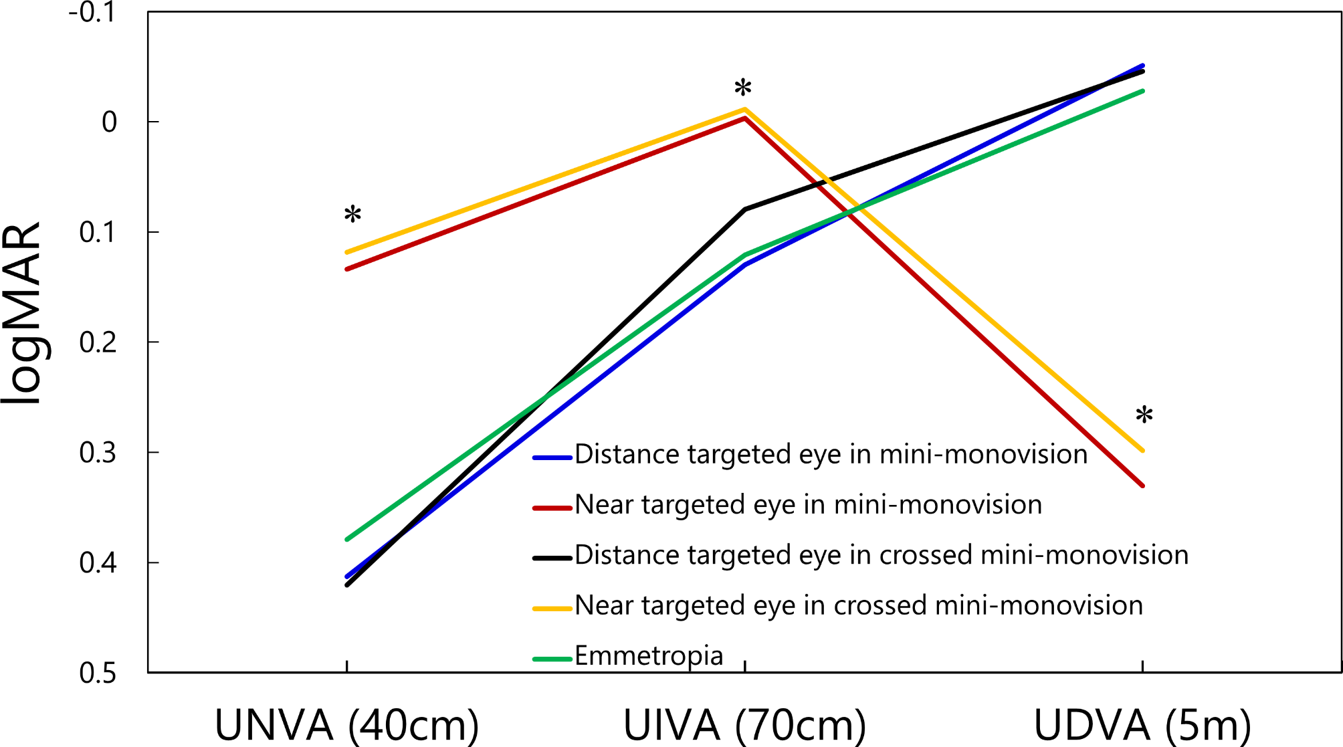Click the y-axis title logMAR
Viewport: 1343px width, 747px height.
click(x=22, y=313)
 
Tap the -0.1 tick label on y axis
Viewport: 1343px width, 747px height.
click(x=92, y=13)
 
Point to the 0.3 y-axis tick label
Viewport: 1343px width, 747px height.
click(x=98, y=453)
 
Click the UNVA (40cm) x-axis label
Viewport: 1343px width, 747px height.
click(x=346, y=725)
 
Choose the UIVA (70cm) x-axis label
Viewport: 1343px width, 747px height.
click(x=744, y=725)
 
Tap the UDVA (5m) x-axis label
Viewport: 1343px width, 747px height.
click(x=1142, y=725)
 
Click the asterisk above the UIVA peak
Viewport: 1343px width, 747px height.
click(x=742, y=88)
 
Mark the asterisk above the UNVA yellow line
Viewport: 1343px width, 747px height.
click(x=352, y=215)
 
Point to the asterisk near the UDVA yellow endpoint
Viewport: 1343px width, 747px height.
click(x=1144, y=415)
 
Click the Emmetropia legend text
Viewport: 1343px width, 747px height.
click(x=649, y=655)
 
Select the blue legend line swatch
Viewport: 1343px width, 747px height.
click(x=552, y=458)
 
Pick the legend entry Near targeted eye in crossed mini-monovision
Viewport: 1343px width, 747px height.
click(x=858, y=605)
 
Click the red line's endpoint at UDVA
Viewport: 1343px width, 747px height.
click(x=1142, y=486)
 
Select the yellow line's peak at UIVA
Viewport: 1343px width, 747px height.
click(x=744, y=109)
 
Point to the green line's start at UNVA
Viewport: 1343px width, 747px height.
click(x=347, y=539)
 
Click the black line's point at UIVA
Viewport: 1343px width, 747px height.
click(x=744, y=209)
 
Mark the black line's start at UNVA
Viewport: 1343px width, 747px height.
click(x=347, y=585)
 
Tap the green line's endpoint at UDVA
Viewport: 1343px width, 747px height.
click(x=1142, y=91)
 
